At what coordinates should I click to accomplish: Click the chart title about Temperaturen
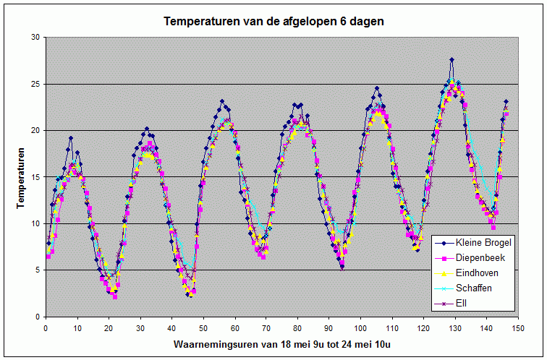click(x=273, y=21)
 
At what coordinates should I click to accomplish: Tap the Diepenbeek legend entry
click(x=470, y=258)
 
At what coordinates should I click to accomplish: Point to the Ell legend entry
click(x=451, y=303)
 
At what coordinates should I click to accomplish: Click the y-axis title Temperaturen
click(x=21, y=178)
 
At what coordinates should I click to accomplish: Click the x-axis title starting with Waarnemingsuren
click(x=282, y=344)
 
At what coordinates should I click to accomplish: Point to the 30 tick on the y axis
click(x=36, y=38)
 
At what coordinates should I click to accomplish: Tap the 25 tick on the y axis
click(x=36, y=84)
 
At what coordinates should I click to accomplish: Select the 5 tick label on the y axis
click(x=38, y=270)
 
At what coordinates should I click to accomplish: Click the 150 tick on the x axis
click(x=518, y=328)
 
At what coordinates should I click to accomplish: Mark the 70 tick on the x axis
click(x=266, y=328)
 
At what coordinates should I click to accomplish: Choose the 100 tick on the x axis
click(x=361, y=328)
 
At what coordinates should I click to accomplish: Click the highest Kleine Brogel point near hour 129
click(x=451, y=59)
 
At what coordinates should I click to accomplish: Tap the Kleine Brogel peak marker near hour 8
click(x=71, y=138)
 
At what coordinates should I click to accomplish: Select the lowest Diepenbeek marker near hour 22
click(x=115, y=297)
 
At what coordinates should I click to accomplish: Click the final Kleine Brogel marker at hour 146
click(x=506, y=101)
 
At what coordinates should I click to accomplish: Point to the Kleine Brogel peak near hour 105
click(x=377, y=88)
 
